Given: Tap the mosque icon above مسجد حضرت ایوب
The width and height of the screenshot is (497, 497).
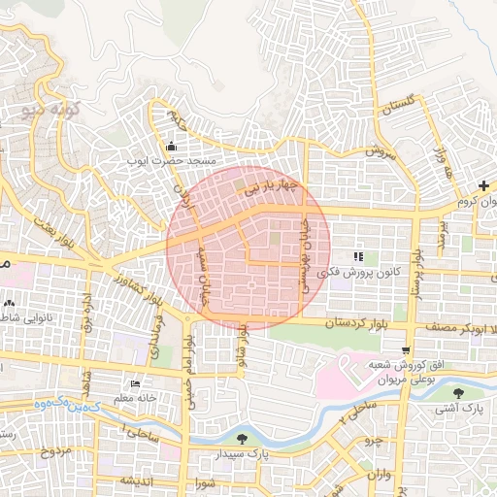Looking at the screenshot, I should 171,146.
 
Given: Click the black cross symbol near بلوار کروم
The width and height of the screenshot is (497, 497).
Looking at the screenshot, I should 483,185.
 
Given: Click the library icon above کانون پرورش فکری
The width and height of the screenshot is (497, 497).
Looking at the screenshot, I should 358,257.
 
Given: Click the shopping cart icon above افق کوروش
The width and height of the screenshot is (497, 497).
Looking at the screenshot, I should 405,350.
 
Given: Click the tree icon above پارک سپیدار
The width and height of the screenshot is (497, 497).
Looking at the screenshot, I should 242,440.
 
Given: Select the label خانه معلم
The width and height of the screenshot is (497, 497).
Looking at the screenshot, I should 135,397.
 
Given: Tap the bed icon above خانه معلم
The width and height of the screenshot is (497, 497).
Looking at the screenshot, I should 135,384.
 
